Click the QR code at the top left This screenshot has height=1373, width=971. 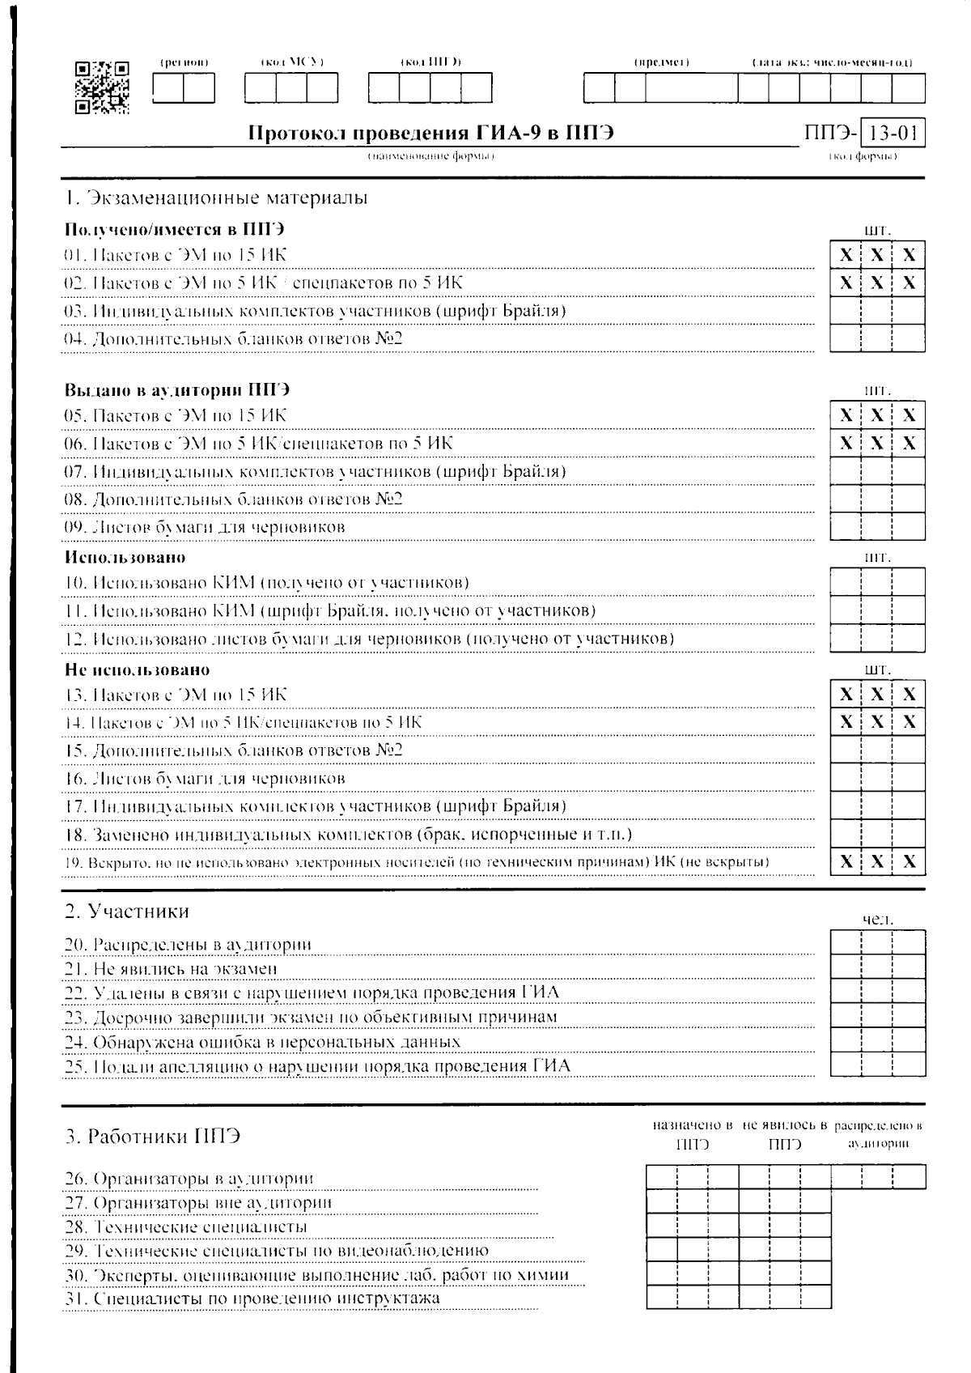pos(102,87)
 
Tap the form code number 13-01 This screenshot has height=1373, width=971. pos(893,132)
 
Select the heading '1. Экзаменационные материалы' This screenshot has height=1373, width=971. pos(216,198)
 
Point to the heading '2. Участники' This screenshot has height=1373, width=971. pos(127,912)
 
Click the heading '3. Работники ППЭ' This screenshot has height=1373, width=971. pos(153,1136)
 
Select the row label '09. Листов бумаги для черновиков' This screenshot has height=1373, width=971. pos(205,527)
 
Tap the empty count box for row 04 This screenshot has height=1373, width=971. pos(877,338)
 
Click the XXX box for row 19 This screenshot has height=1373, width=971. pos(877,861)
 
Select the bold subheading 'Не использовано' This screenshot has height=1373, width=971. pos(137,670)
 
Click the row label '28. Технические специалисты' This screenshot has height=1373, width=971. pos(186,1227)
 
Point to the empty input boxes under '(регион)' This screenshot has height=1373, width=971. pos(184,87)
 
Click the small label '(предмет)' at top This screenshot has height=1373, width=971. pos(661,62)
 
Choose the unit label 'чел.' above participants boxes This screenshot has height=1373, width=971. pos(878,920)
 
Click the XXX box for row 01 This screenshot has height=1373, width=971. pos(877,256)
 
